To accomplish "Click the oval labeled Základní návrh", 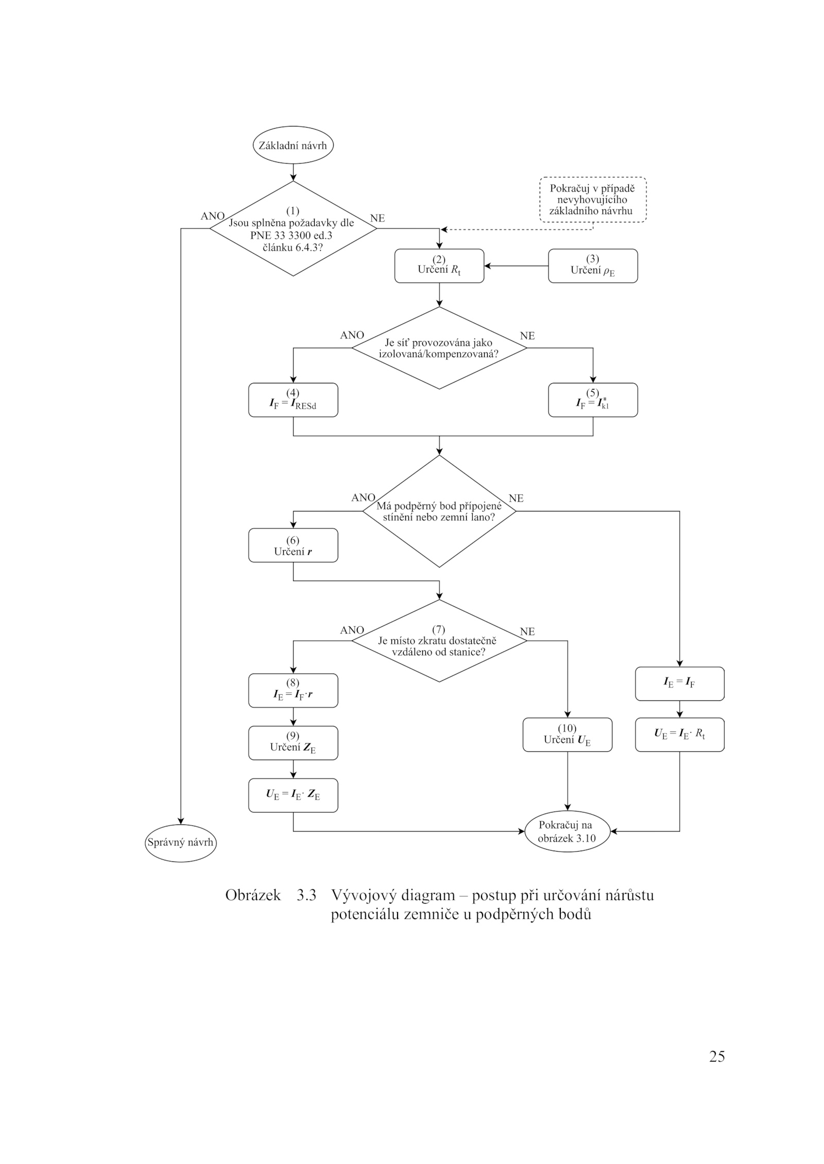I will tap(293, 145).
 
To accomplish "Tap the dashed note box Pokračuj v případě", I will tap(592, 200).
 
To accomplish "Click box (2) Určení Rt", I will tap(439, 266).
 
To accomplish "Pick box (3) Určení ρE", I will tap(592, 266).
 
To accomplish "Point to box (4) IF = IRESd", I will tap(293, 400).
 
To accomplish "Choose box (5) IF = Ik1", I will tap(592, 400).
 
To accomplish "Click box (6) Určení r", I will tap(293, 545).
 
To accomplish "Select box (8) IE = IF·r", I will tap(293, 690).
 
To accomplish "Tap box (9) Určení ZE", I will tap(293, 743).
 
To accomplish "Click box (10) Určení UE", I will tap(567, 735).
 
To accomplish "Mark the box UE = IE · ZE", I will tap(293, 795).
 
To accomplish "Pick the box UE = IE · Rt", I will tap(679, 735).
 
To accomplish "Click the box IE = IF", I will tap(679, 684).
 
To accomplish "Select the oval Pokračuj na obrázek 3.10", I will tap(567, 831).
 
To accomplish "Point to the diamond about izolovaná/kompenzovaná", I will tap(439, 348).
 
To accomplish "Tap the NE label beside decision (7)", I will tap(527, 631).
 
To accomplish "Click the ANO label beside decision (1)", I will tap(212, 216).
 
